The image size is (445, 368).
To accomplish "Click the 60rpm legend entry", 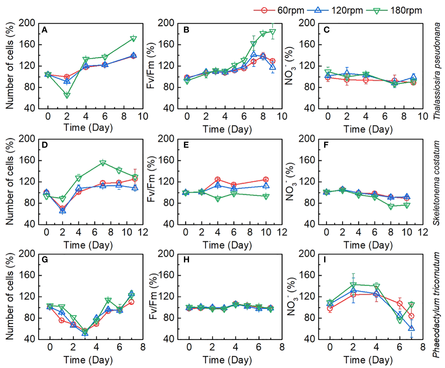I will coord(279,10).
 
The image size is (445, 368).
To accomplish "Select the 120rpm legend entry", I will coord(335,10).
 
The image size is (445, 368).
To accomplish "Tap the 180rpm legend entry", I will coord(394,10).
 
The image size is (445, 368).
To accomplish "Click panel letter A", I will coord(44,30).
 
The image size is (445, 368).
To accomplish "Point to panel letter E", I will coord(186,145).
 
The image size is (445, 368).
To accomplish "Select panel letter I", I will coord(325,260).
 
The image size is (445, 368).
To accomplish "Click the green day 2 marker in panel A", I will coord(67,95).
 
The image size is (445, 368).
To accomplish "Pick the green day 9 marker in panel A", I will coord(133,38).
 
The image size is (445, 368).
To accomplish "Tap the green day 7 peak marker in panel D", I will coord(103,163).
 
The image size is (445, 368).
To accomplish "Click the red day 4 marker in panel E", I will coord(218,179).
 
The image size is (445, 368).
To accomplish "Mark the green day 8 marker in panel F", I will coord(391,207).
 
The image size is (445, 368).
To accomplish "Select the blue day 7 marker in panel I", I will coord(411,328).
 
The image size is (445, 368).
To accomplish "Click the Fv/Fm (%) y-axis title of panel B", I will coord(151,66).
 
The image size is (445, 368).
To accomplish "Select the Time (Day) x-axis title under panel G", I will coord(88,360).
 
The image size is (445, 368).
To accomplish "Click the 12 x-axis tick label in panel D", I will coord(143,232).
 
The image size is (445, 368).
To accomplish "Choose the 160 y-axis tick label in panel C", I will coord(307,44).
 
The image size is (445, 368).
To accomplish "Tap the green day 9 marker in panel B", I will coord(272,32).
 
